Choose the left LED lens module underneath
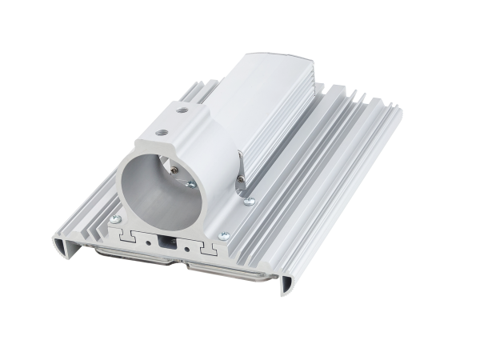point(120,254)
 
